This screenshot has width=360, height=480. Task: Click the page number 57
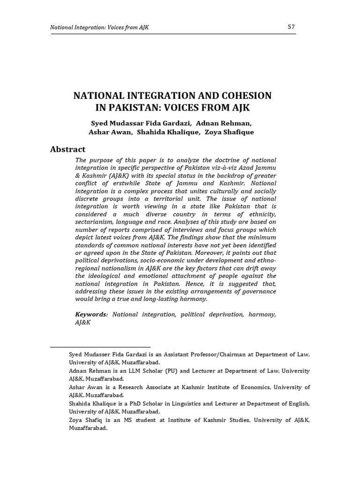tap(291, 27)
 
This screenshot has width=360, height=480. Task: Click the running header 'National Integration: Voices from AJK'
tap(99, 28)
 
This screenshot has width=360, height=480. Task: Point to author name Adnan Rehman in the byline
tap(218, 123)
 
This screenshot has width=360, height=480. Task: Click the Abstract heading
tap(68, 150)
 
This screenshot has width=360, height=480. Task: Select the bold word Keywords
tap(91, 315)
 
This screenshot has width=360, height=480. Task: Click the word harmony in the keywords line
tap(262, 315)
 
